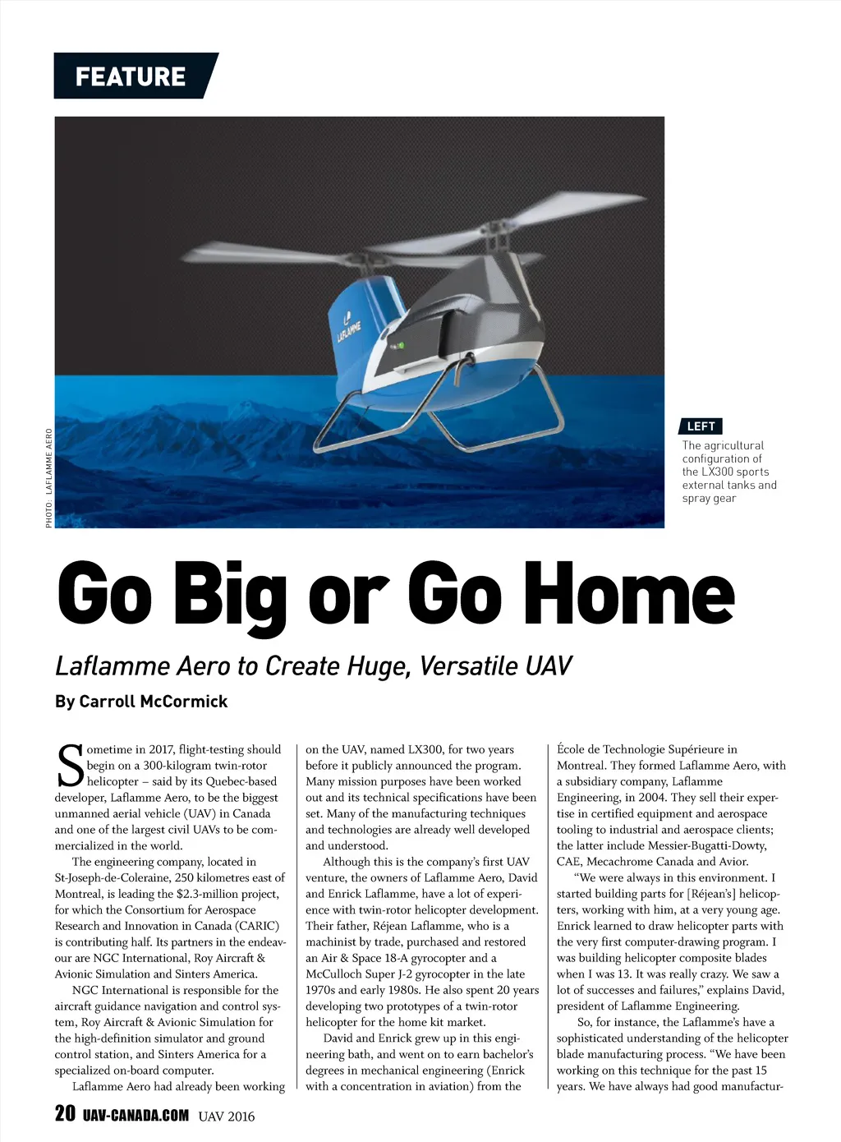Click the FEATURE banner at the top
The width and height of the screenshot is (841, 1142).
click(x=131, y=76)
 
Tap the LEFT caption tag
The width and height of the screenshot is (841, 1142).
click(x=701, y=426)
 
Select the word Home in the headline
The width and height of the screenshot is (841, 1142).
click(x=629, y=593)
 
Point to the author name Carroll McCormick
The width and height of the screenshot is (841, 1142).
click(x=154, y=702)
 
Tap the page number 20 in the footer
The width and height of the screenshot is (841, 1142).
click(x=65, y=1114)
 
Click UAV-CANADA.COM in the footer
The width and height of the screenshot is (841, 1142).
click(x=136, y=1116)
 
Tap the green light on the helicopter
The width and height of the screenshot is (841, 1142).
click(x=402, y=346)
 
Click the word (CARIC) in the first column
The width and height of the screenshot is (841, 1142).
click(x=256, y=926)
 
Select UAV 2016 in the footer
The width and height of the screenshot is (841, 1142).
click(x=227, y=1117)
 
